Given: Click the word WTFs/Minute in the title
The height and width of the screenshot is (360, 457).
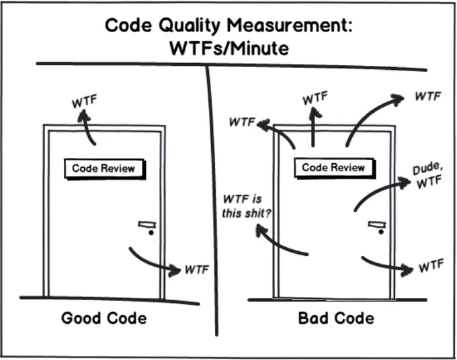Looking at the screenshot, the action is coord(229,48).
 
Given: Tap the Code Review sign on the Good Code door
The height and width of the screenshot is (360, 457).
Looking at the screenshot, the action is coord(104,169).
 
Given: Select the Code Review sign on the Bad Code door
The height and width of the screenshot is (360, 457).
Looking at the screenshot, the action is coord(334,168).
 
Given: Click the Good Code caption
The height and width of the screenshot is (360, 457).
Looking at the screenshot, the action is coord(104,318).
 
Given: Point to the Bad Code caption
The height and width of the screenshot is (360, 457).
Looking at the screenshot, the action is coord(336,318).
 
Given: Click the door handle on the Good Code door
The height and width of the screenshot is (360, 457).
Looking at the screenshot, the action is coord(147,224).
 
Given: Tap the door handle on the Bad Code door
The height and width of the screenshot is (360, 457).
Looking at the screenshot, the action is coord(377,224).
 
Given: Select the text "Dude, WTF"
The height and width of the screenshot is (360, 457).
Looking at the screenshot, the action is coord(428,175).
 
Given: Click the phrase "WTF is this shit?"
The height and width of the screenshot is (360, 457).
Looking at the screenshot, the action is coord(246,206).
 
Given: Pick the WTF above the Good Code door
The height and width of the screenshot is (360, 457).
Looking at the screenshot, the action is coord(84,101).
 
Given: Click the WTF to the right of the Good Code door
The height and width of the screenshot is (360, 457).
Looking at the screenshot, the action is coord(197,270).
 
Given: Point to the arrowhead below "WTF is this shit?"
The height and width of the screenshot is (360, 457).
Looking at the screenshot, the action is coord(261,230).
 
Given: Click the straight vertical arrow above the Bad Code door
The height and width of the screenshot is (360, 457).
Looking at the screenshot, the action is coord(313,127).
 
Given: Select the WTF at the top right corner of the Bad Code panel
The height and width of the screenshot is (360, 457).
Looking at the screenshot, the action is coord(428,96).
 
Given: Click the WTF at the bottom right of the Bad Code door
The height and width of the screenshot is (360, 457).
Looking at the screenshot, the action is coord(431,265).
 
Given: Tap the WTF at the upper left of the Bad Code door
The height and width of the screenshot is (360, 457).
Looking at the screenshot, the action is coord(242,122).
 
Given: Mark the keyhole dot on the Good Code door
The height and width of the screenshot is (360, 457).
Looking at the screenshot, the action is coord(151,232).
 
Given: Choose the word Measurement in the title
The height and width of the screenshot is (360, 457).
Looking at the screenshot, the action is coord(290,26).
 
